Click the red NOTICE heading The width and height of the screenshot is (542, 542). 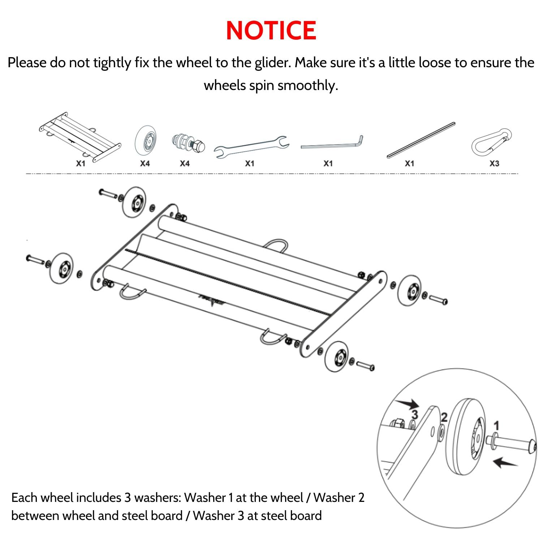[x=271, y=30]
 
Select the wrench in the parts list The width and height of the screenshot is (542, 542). [x=251, y=146]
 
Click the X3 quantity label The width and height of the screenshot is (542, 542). [x=494, y=164]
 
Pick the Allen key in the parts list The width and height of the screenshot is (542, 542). [x=332, y=145]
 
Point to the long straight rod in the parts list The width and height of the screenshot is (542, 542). [x=421, y=140]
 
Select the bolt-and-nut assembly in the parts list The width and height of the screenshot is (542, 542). [x=188, y=143]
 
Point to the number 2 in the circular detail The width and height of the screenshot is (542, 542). [x=444, y=417]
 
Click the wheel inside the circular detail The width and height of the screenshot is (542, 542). [x=466, y=435]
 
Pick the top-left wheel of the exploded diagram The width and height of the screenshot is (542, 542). [x=134, y=202]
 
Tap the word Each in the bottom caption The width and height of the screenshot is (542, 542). [x=24, y=498]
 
